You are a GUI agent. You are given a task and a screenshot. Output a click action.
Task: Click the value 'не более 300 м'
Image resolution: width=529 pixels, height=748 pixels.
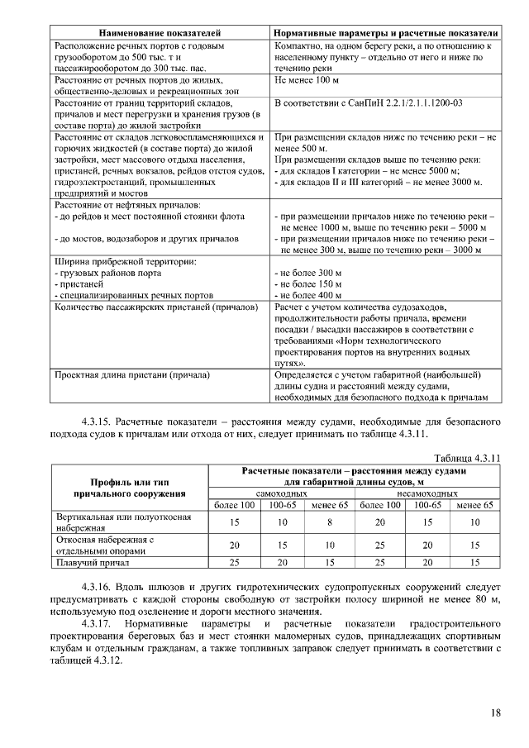[307, 273]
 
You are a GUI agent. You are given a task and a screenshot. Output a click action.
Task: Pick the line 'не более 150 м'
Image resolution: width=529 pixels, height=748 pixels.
[307, 283]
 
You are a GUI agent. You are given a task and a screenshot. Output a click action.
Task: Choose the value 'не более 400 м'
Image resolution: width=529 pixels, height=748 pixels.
[307, 295]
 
